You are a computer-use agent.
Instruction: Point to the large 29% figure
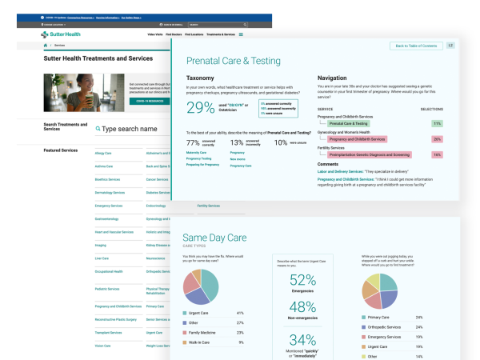click(x=200, y=108)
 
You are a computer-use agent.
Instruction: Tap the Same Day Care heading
click(x=215, y=238)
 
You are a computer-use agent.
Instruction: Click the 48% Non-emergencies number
click(x=303, y=307)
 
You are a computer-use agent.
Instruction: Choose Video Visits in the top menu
click(x=155, y=35)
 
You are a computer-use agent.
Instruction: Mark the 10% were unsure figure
click(x=281, y=142)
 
